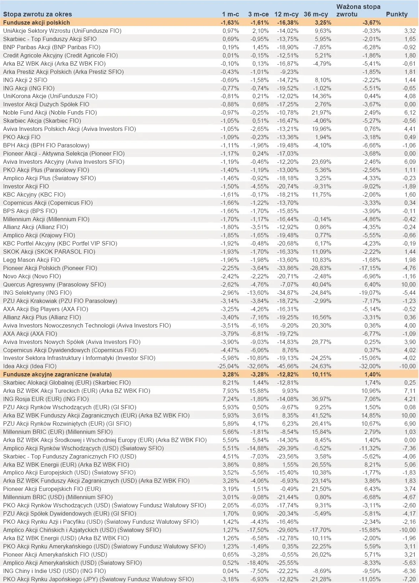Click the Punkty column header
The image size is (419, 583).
click(x=397, y=14)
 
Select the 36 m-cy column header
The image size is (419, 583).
click(x=316, y=14)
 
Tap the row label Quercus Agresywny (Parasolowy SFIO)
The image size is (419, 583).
click(x=55, y=284)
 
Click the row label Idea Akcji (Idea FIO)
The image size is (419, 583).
click(x=30, y=366)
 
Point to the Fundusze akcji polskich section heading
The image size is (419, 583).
click(x=36, y=22)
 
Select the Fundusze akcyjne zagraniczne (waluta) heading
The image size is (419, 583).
click(x=57, y=374)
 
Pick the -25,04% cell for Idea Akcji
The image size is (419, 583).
click(x=228, y=366)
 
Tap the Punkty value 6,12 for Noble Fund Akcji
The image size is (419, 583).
click(x=410, y=112)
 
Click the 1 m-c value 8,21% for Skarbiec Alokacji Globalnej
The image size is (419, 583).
click(x=230, y=382)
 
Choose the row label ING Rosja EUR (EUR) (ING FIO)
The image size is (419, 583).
click(x=46, y=399)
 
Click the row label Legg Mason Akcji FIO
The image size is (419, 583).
click(x=32, y=260)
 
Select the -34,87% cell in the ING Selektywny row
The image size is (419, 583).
click(x=288, y=293)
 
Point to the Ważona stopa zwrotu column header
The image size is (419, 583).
click(x=358, y=10)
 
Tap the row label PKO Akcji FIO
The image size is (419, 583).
click(x=22, y=137)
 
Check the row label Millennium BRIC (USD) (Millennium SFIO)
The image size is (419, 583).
click(x=58, y=497)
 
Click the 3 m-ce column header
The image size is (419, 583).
click(x=258, y=14)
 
